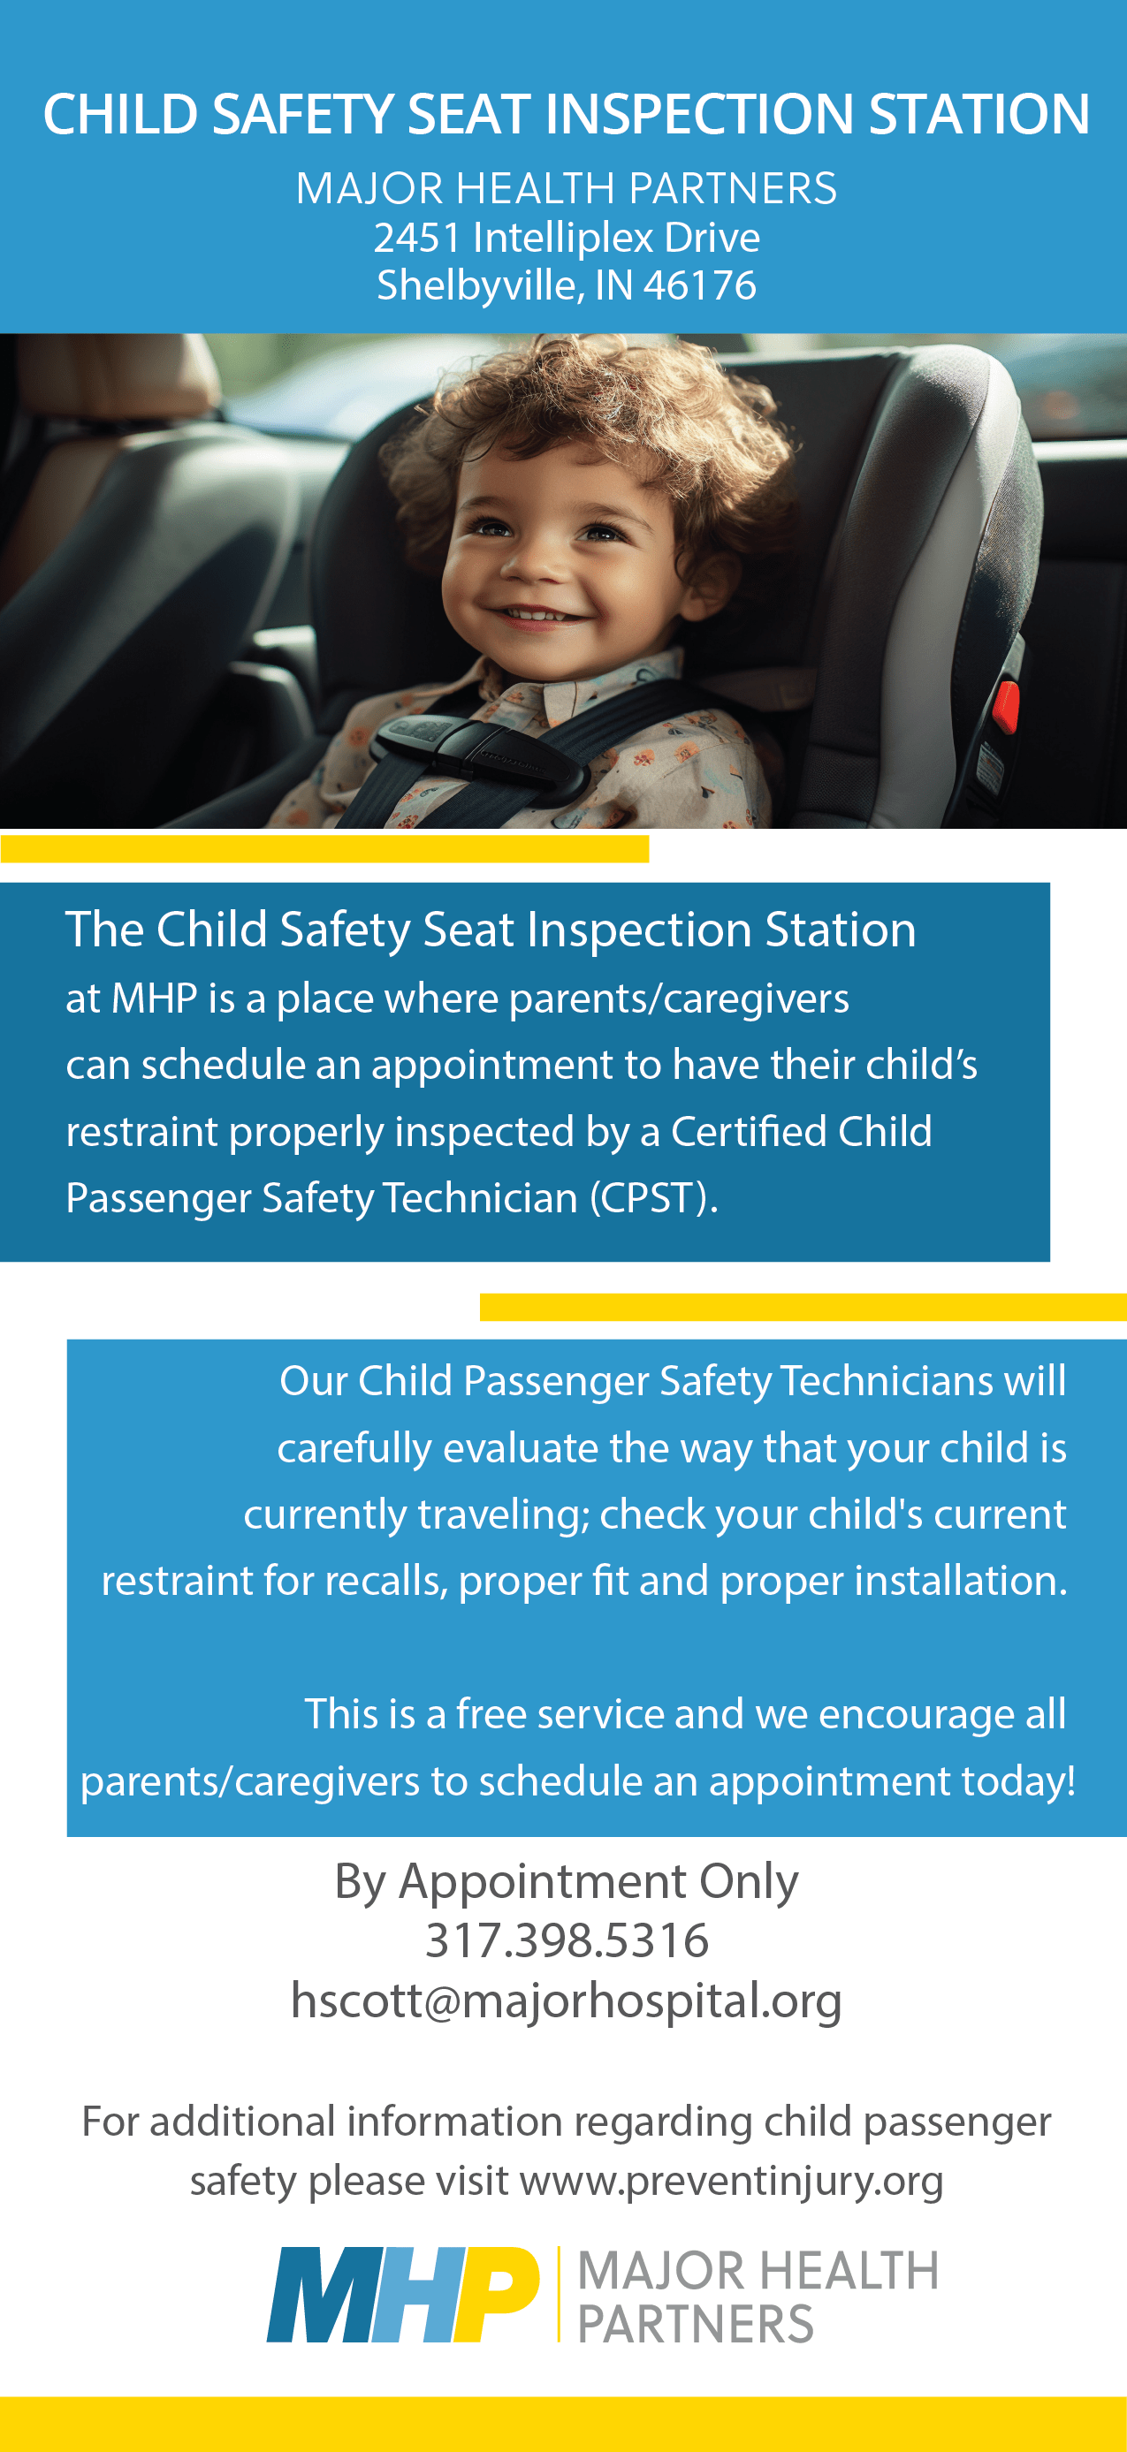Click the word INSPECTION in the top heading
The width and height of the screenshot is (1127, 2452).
tap(699, 114)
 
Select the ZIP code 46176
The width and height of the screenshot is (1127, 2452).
tap(699, 285)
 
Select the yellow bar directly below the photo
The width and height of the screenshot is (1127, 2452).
tap(324, 849)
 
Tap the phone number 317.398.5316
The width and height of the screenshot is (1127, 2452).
tap(567, 1941)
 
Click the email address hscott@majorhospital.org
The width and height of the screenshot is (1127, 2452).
tap(567, 2000)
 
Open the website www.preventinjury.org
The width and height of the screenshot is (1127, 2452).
tap(731, 2181)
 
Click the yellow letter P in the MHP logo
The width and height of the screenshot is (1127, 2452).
tap(497, 2294)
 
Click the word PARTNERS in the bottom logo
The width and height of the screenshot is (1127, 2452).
tap(696, 2325)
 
